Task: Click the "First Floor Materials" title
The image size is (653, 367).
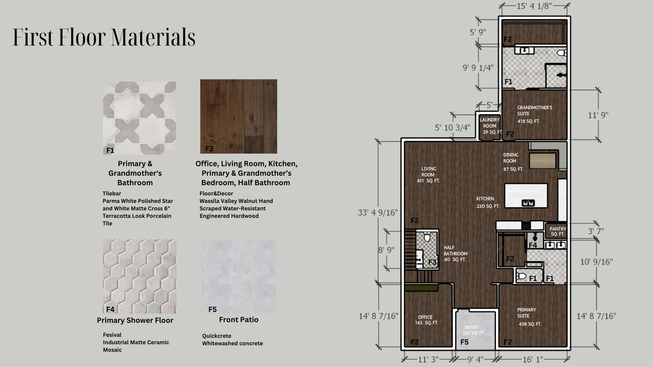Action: [104, 37]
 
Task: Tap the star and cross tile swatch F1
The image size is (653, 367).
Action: [139, 118]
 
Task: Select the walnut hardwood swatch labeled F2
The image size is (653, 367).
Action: [238, 117]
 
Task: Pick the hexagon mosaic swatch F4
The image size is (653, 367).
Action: [139, 276]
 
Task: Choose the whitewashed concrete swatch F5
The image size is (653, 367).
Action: [239, 277]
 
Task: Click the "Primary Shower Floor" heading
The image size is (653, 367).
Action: [135, 320]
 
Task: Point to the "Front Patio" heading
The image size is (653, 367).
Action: [239, 320]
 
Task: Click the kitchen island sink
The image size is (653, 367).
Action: [528, 203]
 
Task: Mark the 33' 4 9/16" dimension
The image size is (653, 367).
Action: [378, 212]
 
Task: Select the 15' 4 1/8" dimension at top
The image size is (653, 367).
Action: [534, 6]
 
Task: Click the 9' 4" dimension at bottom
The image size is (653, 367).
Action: [475, 360]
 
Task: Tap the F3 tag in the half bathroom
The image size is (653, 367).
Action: [432, 262]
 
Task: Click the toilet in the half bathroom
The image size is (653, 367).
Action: [427, 237]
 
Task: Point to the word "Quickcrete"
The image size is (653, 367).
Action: [217, 336]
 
